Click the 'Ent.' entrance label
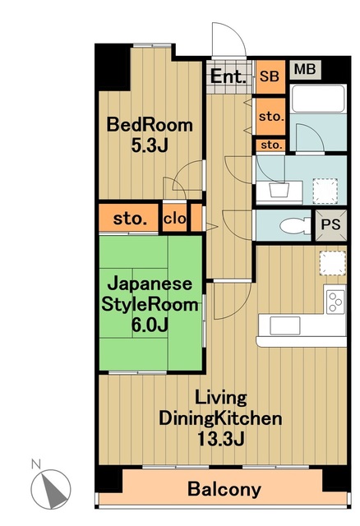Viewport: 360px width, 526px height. pos(228,77)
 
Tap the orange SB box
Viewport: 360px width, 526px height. pos(269,76)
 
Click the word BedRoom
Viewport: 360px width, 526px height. pos(150,126)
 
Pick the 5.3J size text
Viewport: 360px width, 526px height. pos(150,145)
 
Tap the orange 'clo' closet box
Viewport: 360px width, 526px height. pos(174,219)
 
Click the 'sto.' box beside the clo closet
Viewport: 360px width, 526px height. pos(130,219)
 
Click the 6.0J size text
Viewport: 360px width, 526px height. pos(150,324)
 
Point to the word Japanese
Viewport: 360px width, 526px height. pos(150,284)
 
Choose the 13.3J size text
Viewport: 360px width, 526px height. pos(220,438)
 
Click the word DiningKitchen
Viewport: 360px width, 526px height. pos(220,418)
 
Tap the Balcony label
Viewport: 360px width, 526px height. pos(224,490)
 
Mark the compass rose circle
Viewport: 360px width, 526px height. pos(51,491)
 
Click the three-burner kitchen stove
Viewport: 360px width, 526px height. pos(335,301)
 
